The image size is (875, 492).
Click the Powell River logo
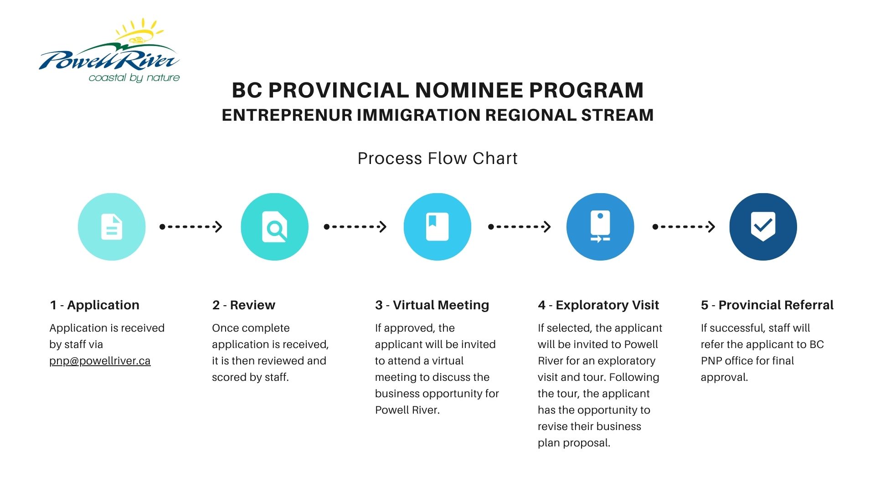pyautogui.click(x=109, y=51)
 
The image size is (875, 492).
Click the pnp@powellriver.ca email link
pyautogui.click(x=100, y=361)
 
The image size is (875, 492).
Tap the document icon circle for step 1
pyautogui.click(x=112, y=227)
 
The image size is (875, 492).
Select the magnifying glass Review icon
pyautogui.click(x=274, y=227)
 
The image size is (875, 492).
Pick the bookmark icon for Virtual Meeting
pyautogui.click(x=437, y=227)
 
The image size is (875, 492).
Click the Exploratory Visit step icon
pyautogui.click(x=600, y=227)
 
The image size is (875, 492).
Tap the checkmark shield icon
pyautogui.click(x=763, y=227)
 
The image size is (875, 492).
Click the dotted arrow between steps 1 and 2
pyautogui.click(x=191, y=226)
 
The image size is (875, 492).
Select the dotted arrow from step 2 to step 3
pyautogui.click(x=355, y=226)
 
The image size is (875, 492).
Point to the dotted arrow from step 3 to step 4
pyautogui.click(x=520, y=226)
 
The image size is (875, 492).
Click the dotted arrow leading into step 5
pyautogui.click(x=684, y=226)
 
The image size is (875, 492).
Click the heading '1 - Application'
pyautogui.click(x=94, y=305)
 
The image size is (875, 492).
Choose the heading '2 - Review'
pyautogui.click(x=244, y=305)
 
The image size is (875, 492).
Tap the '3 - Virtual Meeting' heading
pyautogui.click(x=432, y=305)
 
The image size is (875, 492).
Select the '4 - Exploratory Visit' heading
pyautogui.click(x=598, y=305)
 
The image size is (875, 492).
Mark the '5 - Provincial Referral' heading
pyautogui.click(x=767, y=305)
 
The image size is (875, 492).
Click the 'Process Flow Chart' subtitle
pyautogui.click(x=437, y=159)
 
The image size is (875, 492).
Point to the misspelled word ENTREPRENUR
pyautogui.click(x=287, y=115)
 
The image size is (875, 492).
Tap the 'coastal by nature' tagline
pyautogui.click(x=134, y=78)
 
